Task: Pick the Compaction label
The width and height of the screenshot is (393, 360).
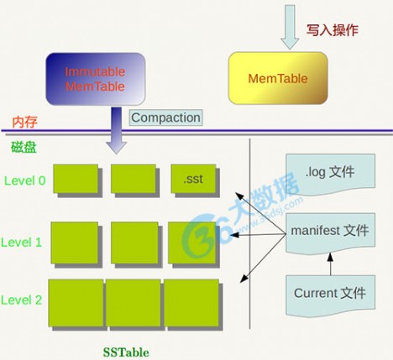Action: (x=165, y=117)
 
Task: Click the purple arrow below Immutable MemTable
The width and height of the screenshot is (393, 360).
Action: (x=117, y=130)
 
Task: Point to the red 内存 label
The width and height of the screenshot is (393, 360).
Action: (x=24, y=122)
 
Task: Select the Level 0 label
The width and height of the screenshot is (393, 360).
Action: (x=24, y=180)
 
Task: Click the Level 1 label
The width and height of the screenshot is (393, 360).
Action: (x=24, y=242)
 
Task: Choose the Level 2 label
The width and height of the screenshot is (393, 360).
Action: (x=24, y=300)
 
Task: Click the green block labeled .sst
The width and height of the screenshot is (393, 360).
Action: (x=192, y=179)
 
